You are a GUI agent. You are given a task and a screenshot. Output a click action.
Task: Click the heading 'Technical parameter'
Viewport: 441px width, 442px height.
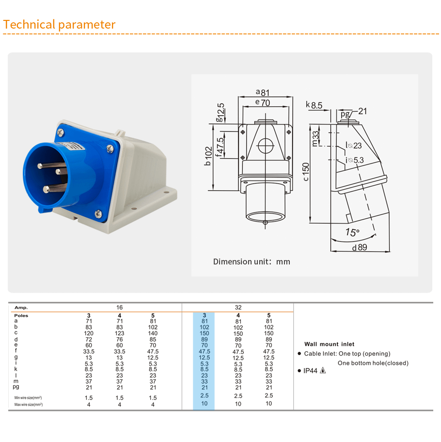[x=59, y=25]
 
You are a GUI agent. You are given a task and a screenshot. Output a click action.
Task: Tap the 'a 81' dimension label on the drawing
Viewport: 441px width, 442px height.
[x=263, y=92]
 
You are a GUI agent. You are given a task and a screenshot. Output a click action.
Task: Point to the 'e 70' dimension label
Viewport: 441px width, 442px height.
[x=263, y=102]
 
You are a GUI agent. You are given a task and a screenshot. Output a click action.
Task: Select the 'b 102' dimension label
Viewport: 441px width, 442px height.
[x=208, y=156]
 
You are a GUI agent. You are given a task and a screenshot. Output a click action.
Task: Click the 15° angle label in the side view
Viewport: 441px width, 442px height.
[x=352, y=232]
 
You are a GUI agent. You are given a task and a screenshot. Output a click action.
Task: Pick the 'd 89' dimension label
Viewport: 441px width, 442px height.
[x=360, y=247]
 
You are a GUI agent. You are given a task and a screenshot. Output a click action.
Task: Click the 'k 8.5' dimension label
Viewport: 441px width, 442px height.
[x=314, y=105]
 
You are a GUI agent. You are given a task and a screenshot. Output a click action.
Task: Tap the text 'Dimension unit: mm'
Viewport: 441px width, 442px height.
[x=252, y=262]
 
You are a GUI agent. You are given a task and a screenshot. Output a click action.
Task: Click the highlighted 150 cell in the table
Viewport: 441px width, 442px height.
[x=204, y=333]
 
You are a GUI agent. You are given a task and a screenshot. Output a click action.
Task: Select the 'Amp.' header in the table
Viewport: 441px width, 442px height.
[x=21, y=308]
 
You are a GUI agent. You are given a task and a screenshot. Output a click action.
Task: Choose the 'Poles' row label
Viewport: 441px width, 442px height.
[x=21, y=315]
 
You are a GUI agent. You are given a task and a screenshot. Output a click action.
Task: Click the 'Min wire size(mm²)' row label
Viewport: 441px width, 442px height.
[x=28, y=398]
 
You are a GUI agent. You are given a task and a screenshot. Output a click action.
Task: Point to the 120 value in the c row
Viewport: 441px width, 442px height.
[x=89, y=333]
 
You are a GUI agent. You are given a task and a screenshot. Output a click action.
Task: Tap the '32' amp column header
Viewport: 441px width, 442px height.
[x=238, y=307]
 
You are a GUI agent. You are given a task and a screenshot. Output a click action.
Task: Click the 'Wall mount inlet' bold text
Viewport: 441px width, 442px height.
[x=329, y=344]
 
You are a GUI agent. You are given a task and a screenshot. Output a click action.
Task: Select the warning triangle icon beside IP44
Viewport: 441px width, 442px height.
[x=323, y=370]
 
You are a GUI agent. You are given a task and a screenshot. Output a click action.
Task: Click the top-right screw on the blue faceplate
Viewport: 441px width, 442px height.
[x=110, y=148]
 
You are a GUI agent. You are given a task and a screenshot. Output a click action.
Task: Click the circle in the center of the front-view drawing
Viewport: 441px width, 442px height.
[x=266, y=146]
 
